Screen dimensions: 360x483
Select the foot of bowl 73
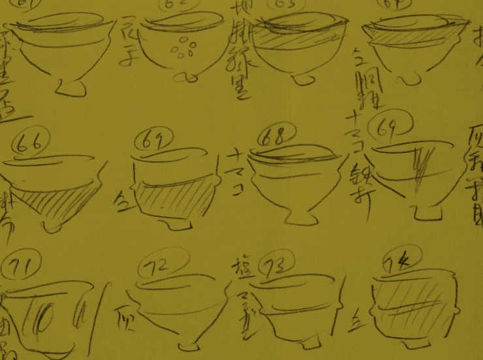tap(304, 344)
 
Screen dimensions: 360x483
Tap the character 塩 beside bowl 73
tap(240, 268)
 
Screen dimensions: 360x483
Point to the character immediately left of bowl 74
tap(356, 319)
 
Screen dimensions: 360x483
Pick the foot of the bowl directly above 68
tap(302, 80)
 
